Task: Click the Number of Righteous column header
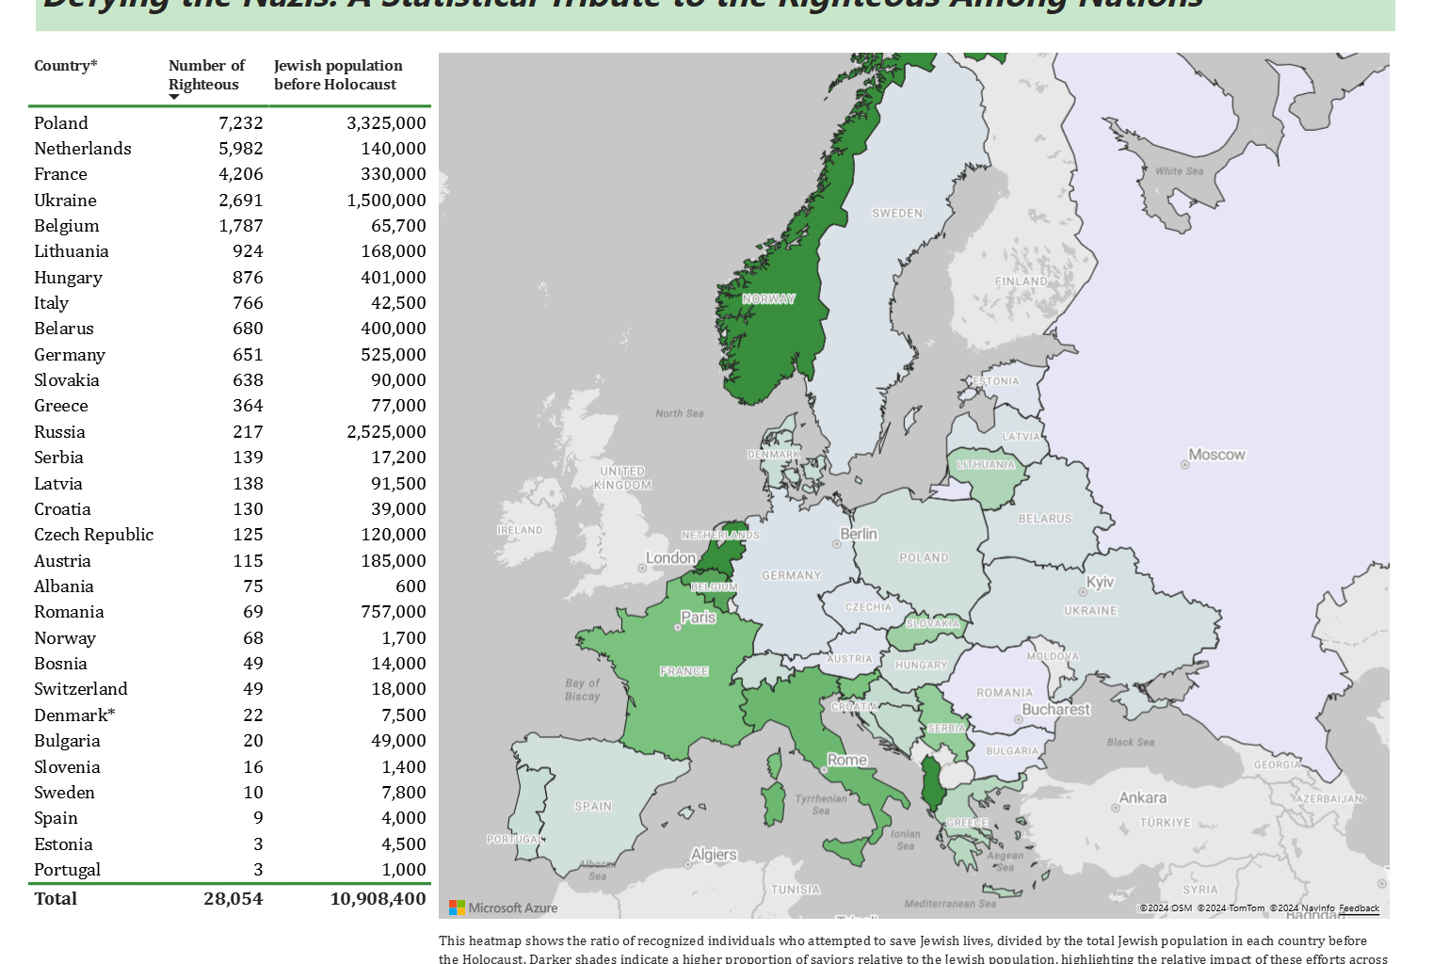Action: pyautogui.click(x=206, y=74)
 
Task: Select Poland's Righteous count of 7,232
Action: pyautogui.click(x=240, y=123)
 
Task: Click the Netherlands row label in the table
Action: pyautogui.click(x=83, y=149)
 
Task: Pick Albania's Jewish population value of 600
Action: pyautogui.click(x=410, y=586)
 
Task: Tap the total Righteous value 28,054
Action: pyautogui.click(x=233, y=898)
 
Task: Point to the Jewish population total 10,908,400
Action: pyautogui.click(x=378, y=898)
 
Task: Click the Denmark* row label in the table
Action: pyautogui.click(x=74, y=715)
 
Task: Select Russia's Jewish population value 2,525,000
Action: pyautogui.click(x=386, y=432)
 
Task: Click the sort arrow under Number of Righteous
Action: pyautogui.click(x=174, y=97)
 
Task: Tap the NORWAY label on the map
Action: pyautogui.click(x=768, y=299)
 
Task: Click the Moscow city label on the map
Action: pyautogui.click(x=1216, y=455)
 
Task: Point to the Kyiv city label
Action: pyautogui.click(x=1100, y=582)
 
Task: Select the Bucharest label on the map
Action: pyautogui.click(x=1055, y=710)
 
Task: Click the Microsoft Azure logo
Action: pyautogui.click(x=504, y=908)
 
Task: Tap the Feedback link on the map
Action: pyautogui.click(x=1359, y=908)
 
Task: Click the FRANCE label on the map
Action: pyautogui.click(x=684, y=671)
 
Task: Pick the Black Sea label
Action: pyautogui.click(x=1130, y=742)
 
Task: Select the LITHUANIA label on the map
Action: pyautogui.click(x=986, y=464)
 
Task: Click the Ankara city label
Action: pyautogui.click(x=1142, y=797)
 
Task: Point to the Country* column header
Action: pyautogui.click(x=66, y=66)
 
